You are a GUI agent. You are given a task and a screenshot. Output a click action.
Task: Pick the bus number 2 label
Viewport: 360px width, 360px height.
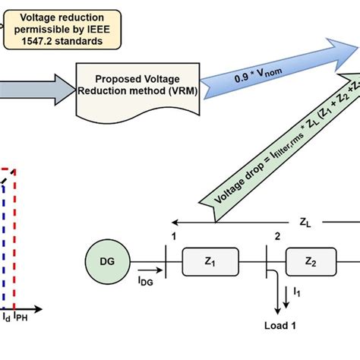click(x=276, y=236)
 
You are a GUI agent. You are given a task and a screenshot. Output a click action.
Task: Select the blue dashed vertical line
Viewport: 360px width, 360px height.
click(x=2, y=243)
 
